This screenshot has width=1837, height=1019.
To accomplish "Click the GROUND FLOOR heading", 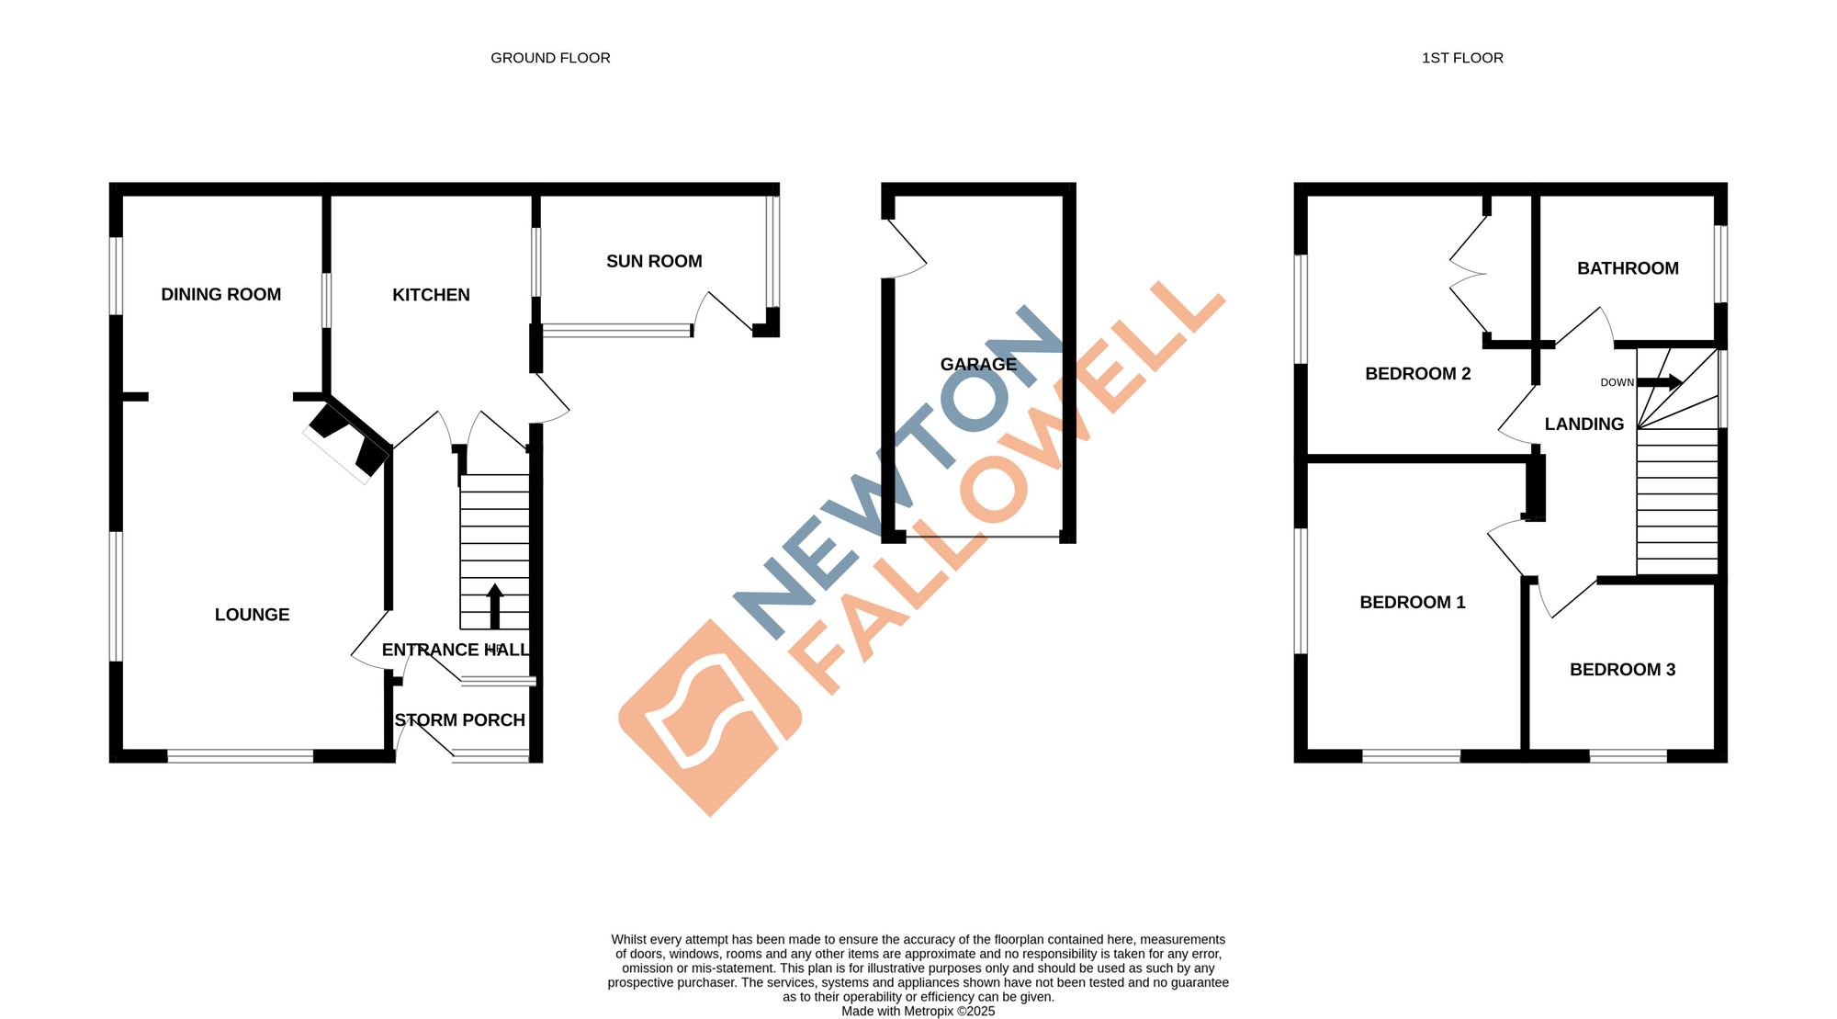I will [x=550, y=58].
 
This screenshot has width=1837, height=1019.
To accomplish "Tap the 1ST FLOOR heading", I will [x=1462, y=58].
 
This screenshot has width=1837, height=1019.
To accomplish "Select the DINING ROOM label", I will [x=220, y=294].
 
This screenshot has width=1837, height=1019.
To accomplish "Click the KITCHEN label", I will [x=431, y=295].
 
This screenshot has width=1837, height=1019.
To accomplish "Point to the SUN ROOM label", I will [x=654, y=261].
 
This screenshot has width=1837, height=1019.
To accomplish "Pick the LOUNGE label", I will [x=252, y=615].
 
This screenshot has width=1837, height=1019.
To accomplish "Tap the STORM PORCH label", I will [x=459, y=720].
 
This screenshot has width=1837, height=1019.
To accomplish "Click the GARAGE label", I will [x=978, y=364].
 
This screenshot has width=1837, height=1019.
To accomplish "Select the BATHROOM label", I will [x=1628, y=268].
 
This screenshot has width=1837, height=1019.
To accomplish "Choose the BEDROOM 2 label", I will [x=1417, y=373].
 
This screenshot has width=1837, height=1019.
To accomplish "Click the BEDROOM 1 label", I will [x=1412, y=602].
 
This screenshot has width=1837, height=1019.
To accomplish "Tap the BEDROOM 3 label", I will [x=1622, y=670].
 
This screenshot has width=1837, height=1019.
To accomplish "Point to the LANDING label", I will [x=1583, y=424].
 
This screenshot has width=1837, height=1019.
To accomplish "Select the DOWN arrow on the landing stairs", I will [x=1660, y=382].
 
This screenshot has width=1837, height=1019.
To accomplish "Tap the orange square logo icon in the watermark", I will [x=710, y=718].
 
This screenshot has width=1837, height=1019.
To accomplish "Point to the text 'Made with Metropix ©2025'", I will [x=918, y=1011].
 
